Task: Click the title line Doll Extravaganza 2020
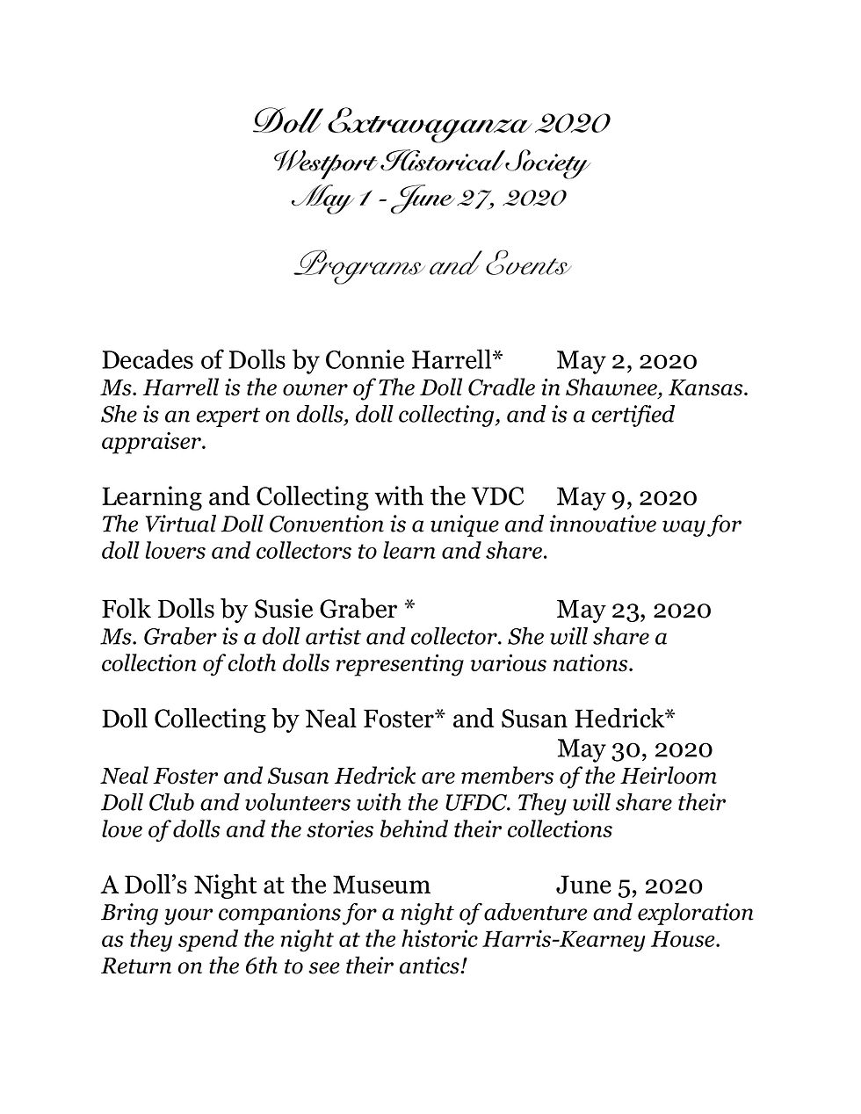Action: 430,122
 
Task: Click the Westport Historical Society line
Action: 430,163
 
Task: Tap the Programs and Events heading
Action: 430,265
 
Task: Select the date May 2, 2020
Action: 626,361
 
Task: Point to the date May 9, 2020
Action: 626,497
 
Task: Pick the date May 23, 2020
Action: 633,609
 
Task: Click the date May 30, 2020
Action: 634,749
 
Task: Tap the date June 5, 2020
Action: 629,886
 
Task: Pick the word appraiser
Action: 152,443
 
